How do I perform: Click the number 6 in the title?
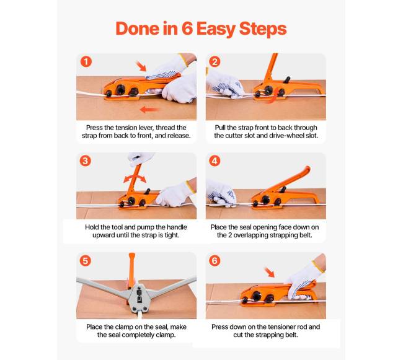[187, 29]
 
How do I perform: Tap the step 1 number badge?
[86, 61]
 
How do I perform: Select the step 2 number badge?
[215, 61]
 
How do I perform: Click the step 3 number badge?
[86, 161]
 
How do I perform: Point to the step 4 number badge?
[215, 161]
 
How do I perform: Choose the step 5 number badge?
[86, 261]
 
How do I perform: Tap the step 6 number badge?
[215, 261]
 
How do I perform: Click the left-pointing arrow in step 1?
[149, 110]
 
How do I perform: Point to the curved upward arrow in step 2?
[273, 95]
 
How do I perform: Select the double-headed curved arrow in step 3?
[135, 177]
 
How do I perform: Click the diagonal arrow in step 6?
[270, 273]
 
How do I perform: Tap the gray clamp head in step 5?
[139, 297]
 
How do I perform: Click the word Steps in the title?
[263, 29]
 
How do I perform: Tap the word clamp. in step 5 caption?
[166, 335]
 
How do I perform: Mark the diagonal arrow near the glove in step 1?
[141, 66]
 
